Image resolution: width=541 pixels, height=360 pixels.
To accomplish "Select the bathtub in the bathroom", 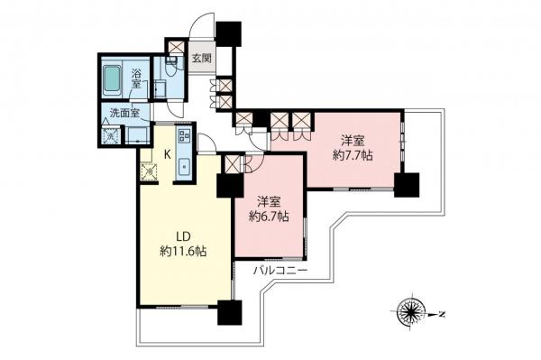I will pos(115,81).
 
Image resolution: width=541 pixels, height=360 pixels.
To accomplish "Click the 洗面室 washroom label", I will pos(124,113).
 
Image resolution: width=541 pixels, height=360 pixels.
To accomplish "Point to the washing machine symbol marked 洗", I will pos(111,136).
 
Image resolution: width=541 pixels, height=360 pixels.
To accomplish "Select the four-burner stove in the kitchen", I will pos(184,138).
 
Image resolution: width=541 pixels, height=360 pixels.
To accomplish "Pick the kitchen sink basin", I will pos(184,167).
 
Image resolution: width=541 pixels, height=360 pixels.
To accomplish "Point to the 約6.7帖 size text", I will pos(270,217).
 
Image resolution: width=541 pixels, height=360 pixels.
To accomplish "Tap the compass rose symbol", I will pos(416,314).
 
